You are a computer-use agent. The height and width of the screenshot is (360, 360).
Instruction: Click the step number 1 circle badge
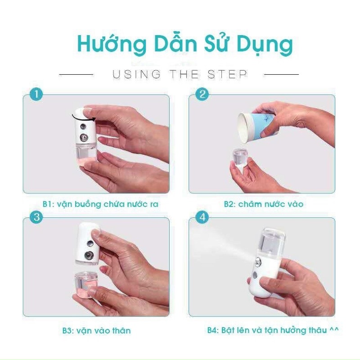pos(36,94)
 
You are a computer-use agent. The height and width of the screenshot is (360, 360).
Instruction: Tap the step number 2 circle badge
pos(202,94)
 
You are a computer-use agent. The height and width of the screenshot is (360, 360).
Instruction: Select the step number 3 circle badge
pos(36,217)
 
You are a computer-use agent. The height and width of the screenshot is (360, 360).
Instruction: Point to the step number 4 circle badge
pos(202,217)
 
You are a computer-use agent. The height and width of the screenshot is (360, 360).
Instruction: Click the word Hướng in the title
pos(112,44)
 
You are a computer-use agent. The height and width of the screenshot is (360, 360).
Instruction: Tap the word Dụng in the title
pos(265,45)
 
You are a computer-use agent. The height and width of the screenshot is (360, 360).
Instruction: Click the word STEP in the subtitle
pos(227,74)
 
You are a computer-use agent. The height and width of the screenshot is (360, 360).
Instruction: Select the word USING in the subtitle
pos(136,74)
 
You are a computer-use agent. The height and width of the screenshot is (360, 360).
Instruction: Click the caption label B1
pos(48,204)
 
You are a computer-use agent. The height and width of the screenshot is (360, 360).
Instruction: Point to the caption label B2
pos(229,204)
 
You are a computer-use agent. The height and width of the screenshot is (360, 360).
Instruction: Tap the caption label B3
pos(68,331)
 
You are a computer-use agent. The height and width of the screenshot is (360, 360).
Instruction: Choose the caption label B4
pos(213,330)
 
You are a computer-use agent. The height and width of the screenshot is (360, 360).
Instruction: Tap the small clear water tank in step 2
pos(240,157)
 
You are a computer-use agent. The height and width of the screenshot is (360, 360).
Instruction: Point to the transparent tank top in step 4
pos(271,242)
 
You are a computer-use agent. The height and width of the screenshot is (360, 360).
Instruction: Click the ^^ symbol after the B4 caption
pos(334,329)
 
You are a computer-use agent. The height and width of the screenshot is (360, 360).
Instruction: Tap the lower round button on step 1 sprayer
pos(84,138)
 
